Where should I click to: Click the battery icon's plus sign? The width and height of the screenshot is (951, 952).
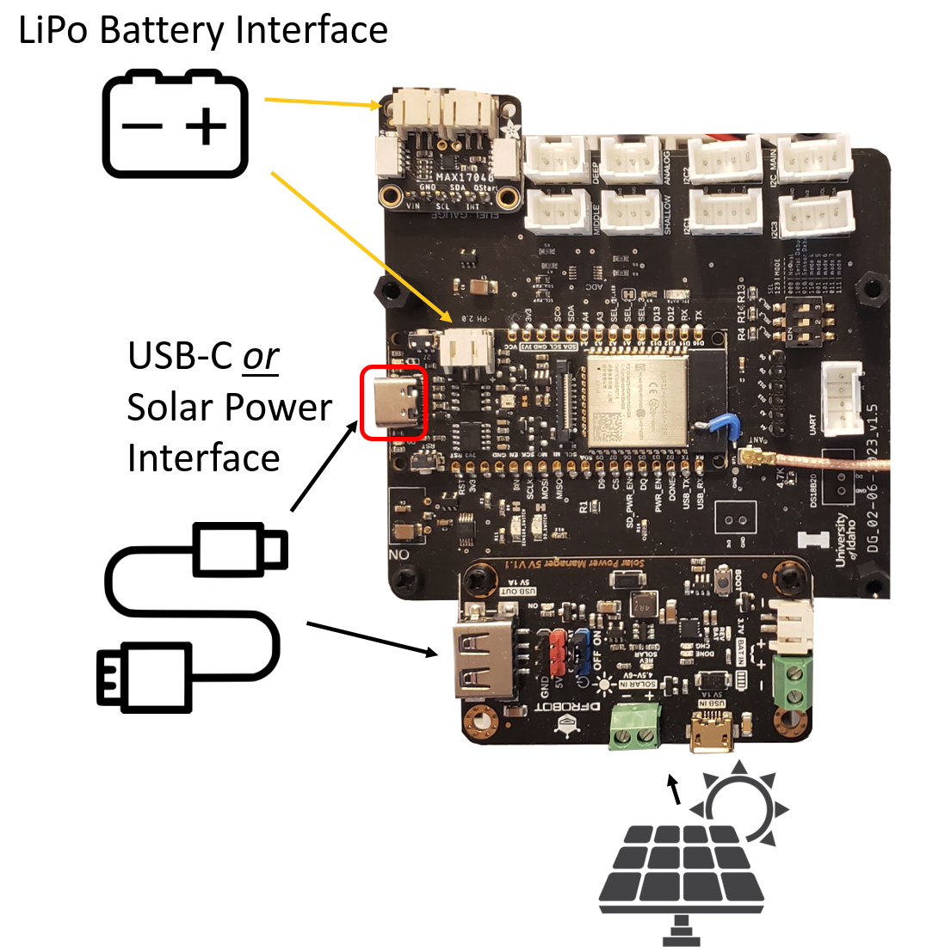pos(206,127)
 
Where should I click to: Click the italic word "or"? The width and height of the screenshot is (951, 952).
pos(260,356)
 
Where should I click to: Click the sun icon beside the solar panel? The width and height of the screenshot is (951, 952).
pos(742,804)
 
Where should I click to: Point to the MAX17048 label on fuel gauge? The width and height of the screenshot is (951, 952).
pos(464,177)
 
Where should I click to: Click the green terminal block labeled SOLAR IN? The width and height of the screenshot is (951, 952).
pos(635,728)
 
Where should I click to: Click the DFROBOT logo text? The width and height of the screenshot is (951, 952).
pos(541,707)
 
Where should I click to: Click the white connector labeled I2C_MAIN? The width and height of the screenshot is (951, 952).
pos(813,161)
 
